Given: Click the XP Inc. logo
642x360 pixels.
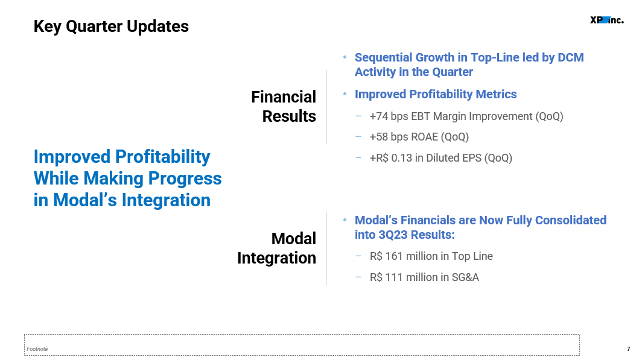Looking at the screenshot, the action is [x=607, y=20].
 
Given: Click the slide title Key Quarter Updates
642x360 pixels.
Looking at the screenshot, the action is [x=111, y=27].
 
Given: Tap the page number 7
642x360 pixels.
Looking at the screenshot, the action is [x=629, y=349].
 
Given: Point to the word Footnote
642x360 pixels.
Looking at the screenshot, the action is [x=37, y=349].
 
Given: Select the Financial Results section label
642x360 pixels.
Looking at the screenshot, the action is [x=284, y=106].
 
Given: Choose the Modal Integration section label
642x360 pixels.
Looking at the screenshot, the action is [x=276, y=248].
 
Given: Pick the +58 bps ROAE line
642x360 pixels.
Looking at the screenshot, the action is [x=419, y=137].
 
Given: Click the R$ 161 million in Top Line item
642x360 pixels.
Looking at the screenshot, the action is [x=431, y=256].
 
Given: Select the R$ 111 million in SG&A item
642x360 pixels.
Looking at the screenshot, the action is [x=424, y=277].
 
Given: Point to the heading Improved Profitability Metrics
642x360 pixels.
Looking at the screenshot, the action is [x=436, y=95].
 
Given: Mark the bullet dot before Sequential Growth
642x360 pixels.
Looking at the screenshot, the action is [x=345, y=57].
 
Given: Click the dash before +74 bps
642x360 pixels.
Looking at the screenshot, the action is [x=358, y=116].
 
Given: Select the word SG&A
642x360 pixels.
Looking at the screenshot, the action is [x=465, y=277].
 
